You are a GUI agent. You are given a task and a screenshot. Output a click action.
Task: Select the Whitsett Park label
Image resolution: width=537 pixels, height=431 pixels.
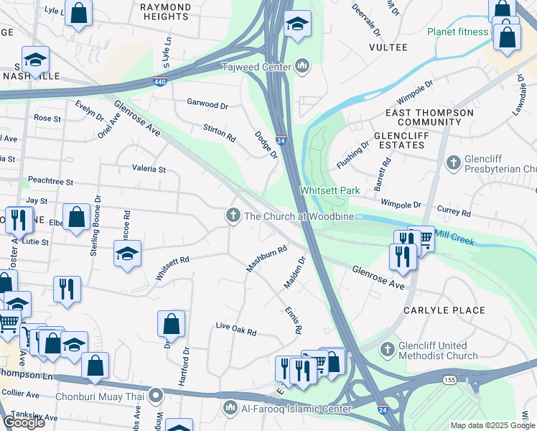click(330, 190)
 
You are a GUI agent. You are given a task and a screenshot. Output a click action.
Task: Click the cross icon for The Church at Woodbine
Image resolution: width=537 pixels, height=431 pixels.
click(233, 215)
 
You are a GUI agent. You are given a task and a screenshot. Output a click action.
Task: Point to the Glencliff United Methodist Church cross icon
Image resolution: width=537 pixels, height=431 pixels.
click(388, 350)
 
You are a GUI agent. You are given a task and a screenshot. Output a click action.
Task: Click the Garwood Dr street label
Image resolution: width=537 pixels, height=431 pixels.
click(207, 104)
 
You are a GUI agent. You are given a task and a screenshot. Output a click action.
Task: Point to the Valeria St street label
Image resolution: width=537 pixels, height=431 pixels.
click(149, 170)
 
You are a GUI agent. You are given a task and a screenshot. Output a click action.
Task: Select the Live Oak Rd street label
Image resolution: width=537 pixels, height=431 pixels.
click(236, 329)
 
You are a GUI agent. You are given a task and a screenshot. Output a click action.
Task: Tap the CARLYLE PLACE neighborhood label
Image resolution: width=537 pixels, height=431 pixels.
click(444, 311)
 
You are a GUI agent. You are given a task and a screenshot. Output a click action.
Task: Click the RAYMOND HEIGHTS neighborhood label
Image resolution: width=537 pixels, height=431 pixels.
click(166, 11)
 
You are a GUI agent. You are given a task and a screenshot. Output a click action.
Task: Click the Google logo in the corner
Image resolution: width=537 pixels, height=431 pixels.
click(24, 422)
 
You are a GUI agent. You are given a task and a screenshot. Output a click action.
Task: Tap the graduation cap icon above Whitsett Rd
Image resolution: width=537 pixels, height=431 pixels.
click(127, 254)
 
